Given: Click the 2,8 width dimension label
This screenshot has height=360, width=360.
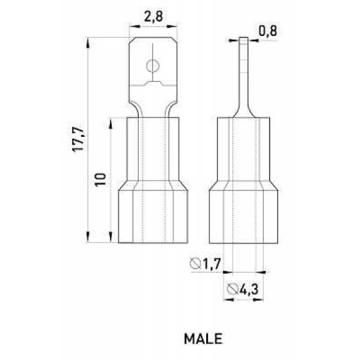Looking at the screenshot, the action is click(153, 16).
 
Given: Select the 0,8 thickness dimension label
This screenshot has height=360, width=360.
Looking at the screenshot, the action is click(268, 31).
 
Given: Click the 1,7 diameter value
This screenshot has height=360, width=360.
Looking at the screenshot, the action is click(212, 264).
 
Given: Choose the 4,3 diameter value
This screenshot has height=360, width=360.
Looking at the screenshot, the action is click(249, 289).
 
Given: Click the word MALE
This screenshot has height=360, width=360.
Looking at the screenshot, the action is click(203, 338).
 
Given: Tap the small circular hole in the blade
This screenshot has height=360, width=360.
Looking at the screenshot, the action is click(153, 66).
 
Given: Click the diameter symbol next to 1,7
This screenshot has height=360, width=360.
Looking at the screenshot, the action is click(196, 264).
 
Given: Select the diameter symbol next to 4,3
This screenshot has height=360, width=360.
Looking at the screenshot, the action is click(232, 289).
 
